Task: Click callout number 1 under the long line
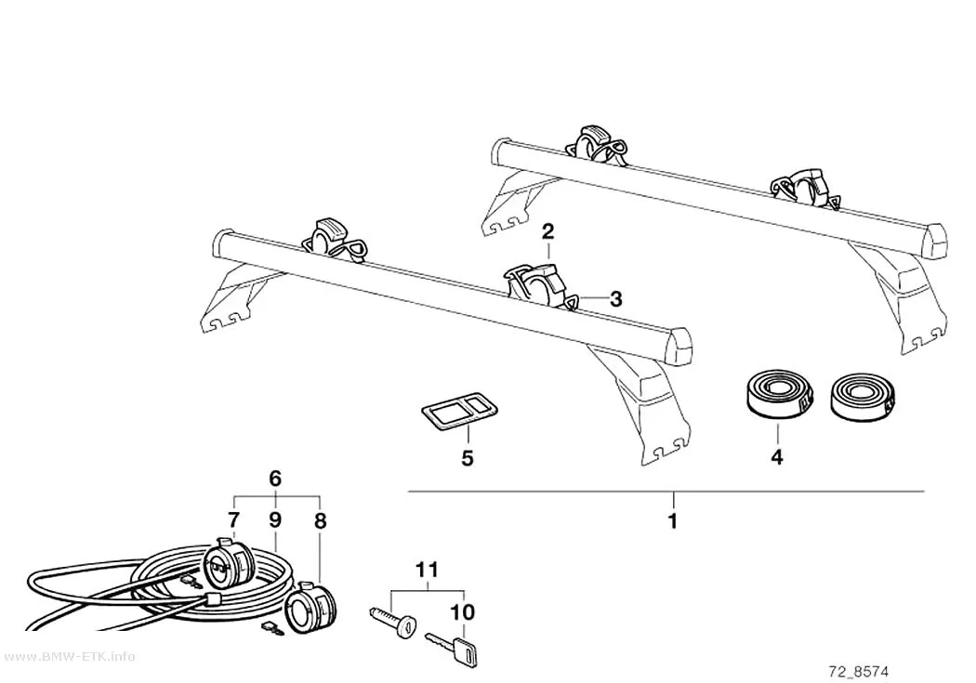coord(672,520)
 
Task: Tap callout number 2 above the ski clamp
coord(547,232)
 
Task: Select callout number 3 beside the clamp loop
coord(615,299)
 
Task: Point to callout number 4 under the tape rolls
coord(777,457)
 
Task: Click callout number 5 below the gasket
coord(468,458)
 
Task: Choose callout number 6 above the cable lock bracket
coord(275,479)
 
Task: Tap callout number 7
coord(233,519)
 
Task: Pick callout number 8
coord(320,520)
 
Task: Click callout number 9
coord(276,519)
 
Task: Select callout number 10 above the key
coord(463,612)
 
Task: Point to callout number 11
coord(427,570)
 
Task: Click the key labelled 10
coord(452,647)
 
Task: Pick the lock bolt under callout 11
coord(393,620)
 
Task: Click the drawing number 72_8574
coord(859,671)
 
